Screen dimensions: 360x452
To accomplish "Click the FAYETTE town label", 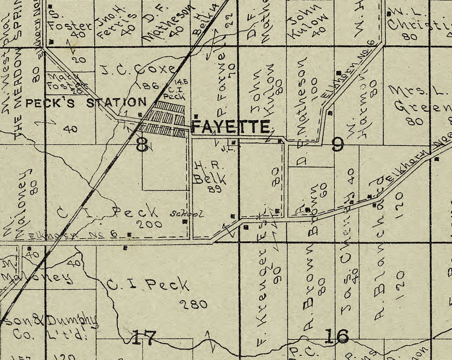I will point(230,127).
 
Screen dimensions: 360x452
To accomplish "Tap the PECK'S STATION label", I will point(86,103).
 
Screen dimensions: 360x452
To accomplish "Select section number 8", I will point(142,145).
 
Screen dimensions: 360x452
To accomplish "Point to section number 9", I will point(337,145).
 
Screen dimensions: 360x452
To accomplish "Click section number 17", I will point(144,338).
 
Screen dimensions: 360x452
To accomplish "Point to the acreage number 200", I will point(149,224).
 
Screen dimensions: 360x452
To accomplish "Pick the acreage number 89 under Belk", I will point(215,189).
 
